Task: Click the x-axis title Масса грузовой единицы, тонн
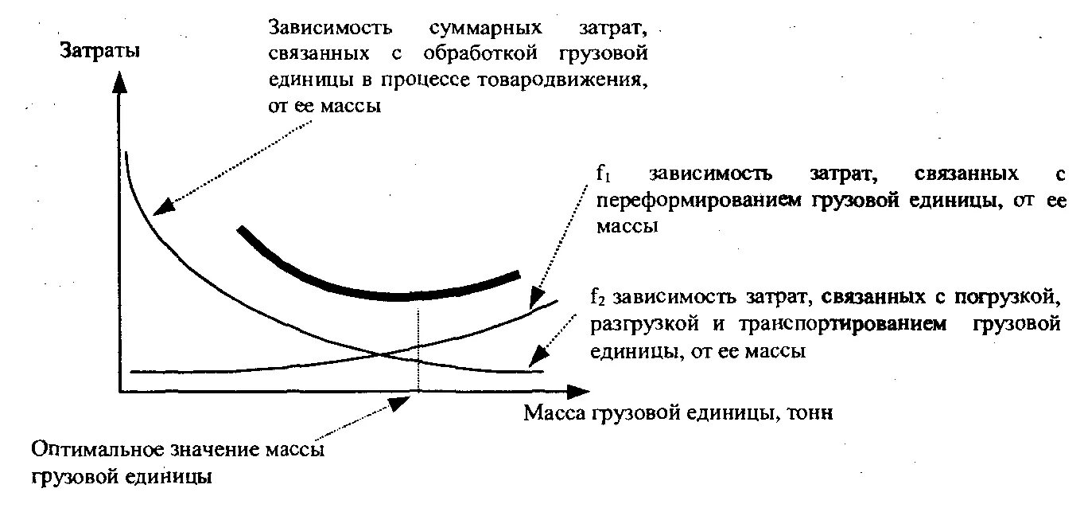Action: [x=678, y=414]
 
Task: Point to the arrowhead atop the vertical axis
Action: [x=119, y=80]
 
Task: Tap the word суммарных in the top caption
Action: [x=485, y=29]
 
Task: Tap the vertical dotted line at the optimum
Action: [x=417, y=342]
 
